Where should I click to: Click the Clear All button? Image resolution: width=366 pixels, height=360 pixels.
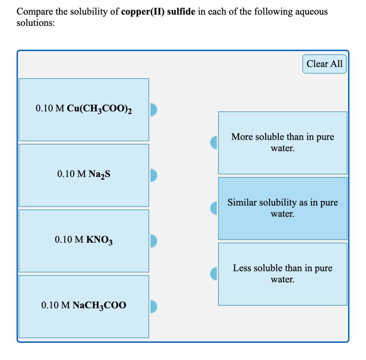point(324,64)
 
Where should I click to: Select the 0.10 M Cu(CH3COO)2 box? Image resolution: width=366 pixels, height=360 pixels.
point(84,109)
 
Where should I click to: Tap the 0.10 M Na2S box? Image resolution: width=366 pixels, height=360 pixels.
point(84,175)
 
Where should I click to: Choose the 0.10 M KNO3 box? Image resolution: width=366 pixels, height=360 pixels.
point(84,241)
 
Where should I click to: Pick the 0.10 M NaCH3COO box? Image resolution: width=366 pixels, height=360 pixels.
point(84,306)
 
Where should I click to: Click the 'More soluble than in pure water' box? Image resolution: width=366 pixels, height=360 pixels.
point(282,143)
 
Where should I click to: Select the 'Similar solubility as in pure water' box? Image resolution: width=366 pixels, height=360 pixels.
point(282,208)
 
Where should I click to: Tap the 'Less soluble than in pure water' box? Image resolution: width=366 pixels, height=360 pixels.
point(282,274)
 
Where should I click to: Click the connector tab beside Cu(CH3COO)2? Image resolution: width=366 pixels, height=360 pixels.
point(153,109)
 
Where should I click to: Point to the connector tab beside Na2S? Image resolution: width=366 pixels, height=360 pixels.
point(153,175)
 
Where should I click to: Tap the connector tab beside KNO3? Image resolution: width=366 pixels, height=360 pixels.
point(153,241)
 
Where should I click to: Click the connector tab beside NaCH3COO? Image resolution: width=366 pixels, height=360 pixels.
point(153,306)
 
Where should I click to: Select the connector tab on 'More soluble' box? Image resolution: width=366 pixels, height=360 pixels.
point(214,143)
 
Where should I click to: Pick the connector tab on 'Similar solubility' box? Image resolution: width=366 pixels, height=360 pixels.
point(214,208)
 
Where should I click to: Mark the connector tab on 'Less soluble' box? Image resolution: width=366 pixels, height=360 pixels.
point(214,274)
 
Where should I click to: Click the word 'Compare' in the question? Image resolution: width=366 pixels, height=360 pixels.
point(34,12)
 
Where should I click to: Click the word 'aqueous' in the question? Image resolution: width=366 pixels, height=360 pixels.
point(310,13)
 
